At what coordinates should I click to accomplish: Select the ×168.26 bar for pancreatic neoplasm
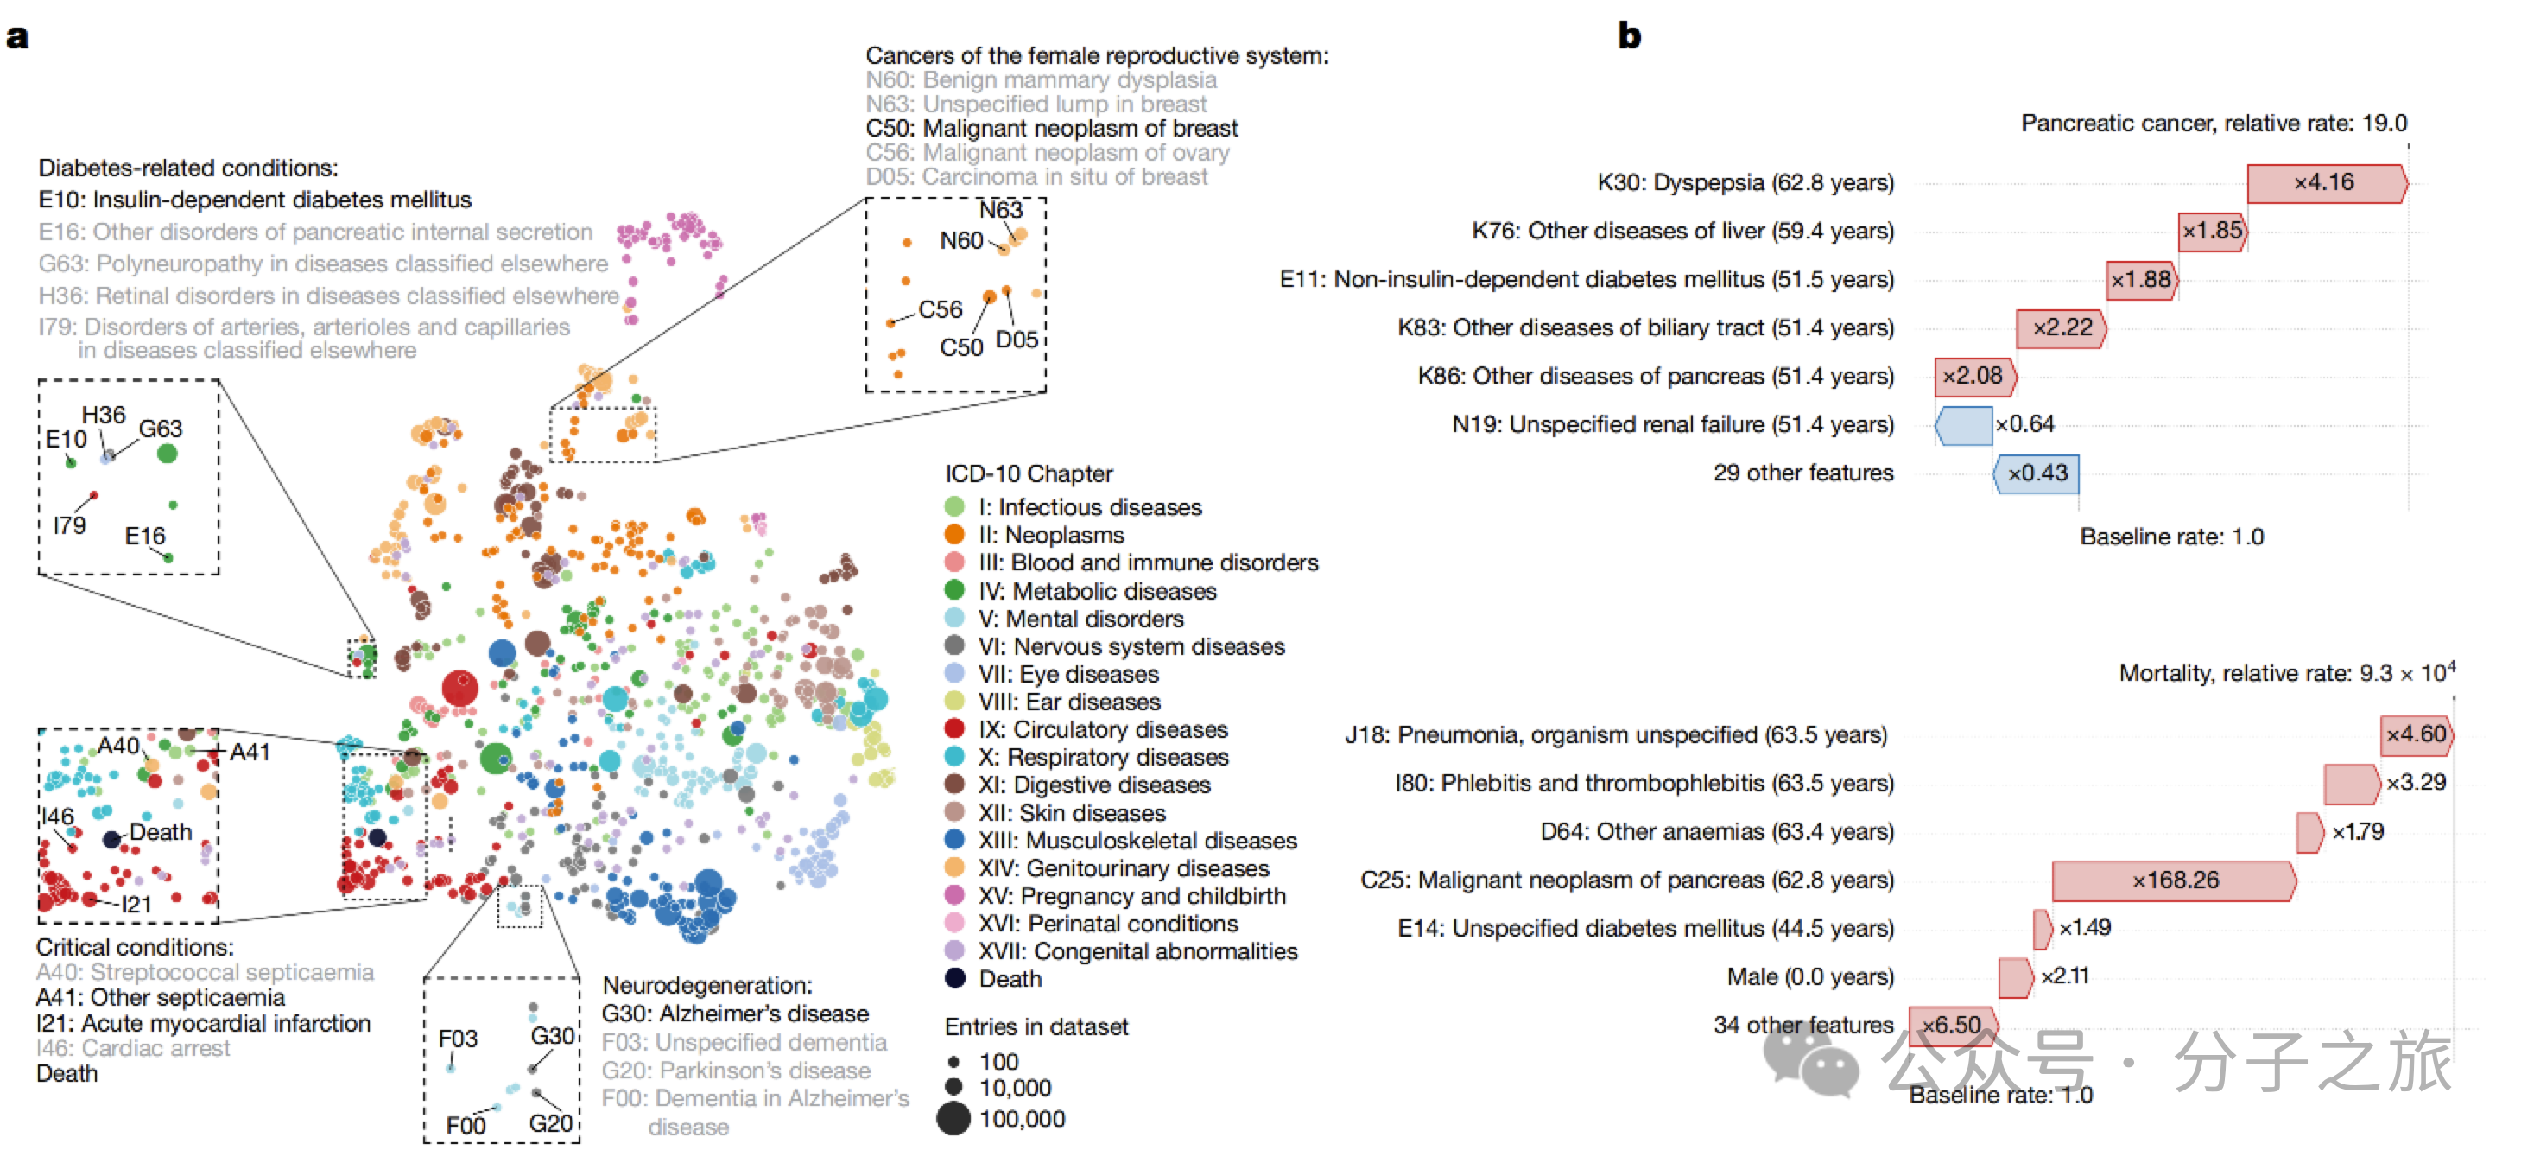[x=2174, y=880]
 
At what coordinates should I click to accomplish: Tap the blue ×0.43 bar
[x=2037, y=473]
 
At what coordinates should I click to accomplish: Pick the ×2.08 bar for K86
[x=1974, y=376]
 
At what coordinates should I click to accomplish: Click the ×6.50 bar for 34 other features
[x=1953, y=1026]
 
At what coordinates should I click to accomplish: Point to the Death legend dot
[x=954, y=979]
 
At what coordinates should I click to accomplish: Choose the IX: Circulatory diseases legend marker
[x=954, y=729]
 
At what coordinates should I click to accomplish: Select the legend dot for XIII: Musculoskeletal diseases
[x=954, y=840]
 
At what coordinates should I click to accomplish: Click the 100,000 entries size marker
[x=953, y=1119]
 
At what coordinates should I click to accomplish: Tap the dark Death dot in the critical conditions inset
[x=112, y=839]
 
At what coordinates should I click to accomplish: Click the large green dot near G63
[x=168, y=454]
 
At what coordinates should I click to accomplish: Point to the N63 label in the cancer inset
[x=1000, y=211]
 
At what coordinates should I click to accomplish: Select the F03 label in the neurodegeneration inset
[x=458, y=1039]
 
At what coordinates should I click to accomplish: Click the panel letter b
[x=1629, y=36]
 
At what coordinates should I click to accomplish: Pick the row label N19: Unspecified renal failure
[x=1672, y=425]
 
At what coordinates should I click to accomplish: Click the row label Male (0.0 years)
[x=1810, y=977]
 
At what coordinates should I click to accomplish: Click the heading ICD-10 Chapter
[x=1028, y=474]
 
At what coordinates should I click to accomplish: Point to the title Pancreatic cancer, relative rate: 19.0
[x=2214, y=124]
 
